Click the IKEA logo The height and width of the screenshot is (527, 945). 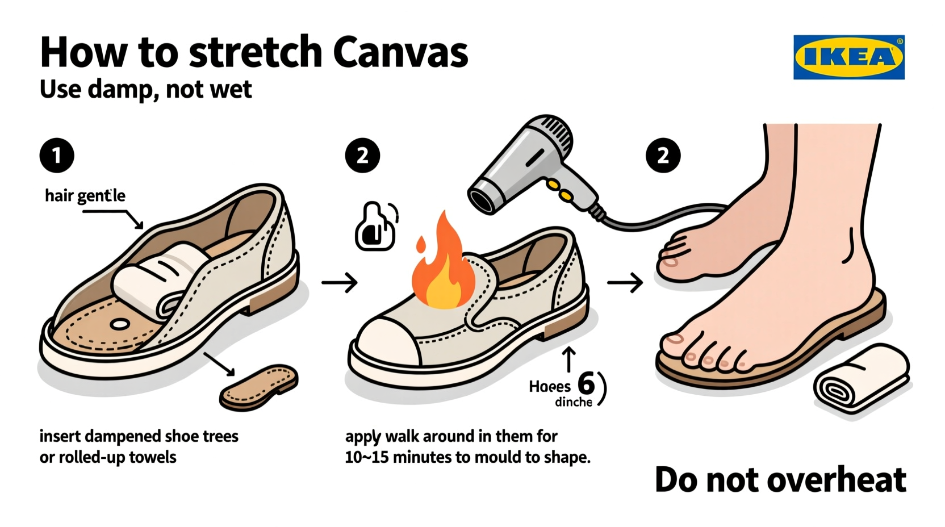click(x=848, y=57)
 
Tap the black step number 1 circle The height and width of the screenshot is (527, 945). click(x=57, y=155)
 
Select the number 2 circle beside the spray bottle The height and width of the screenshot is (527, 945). click(x=362, y=155)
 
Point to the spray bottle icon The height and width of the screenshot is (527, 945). click(x=375, y=227)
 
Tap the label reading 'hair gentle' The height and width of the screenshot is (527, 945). click(x=85, y=196)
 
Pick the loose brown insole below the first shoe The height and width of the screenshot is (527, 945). click(x=259, y=387)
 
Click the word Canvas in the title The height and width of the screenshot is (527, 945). click(x=400, y=52)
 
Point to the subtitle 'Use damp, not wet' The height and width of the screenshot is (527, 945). click(x=146, y=90)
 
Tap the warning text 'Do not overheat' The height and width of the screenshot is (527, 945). click(x=780, y=480)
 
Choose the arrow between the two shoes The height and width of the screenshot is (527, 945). click(x=340, y=282)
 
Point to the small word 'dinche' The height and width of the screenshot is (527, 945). click(x=574, y=402)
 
